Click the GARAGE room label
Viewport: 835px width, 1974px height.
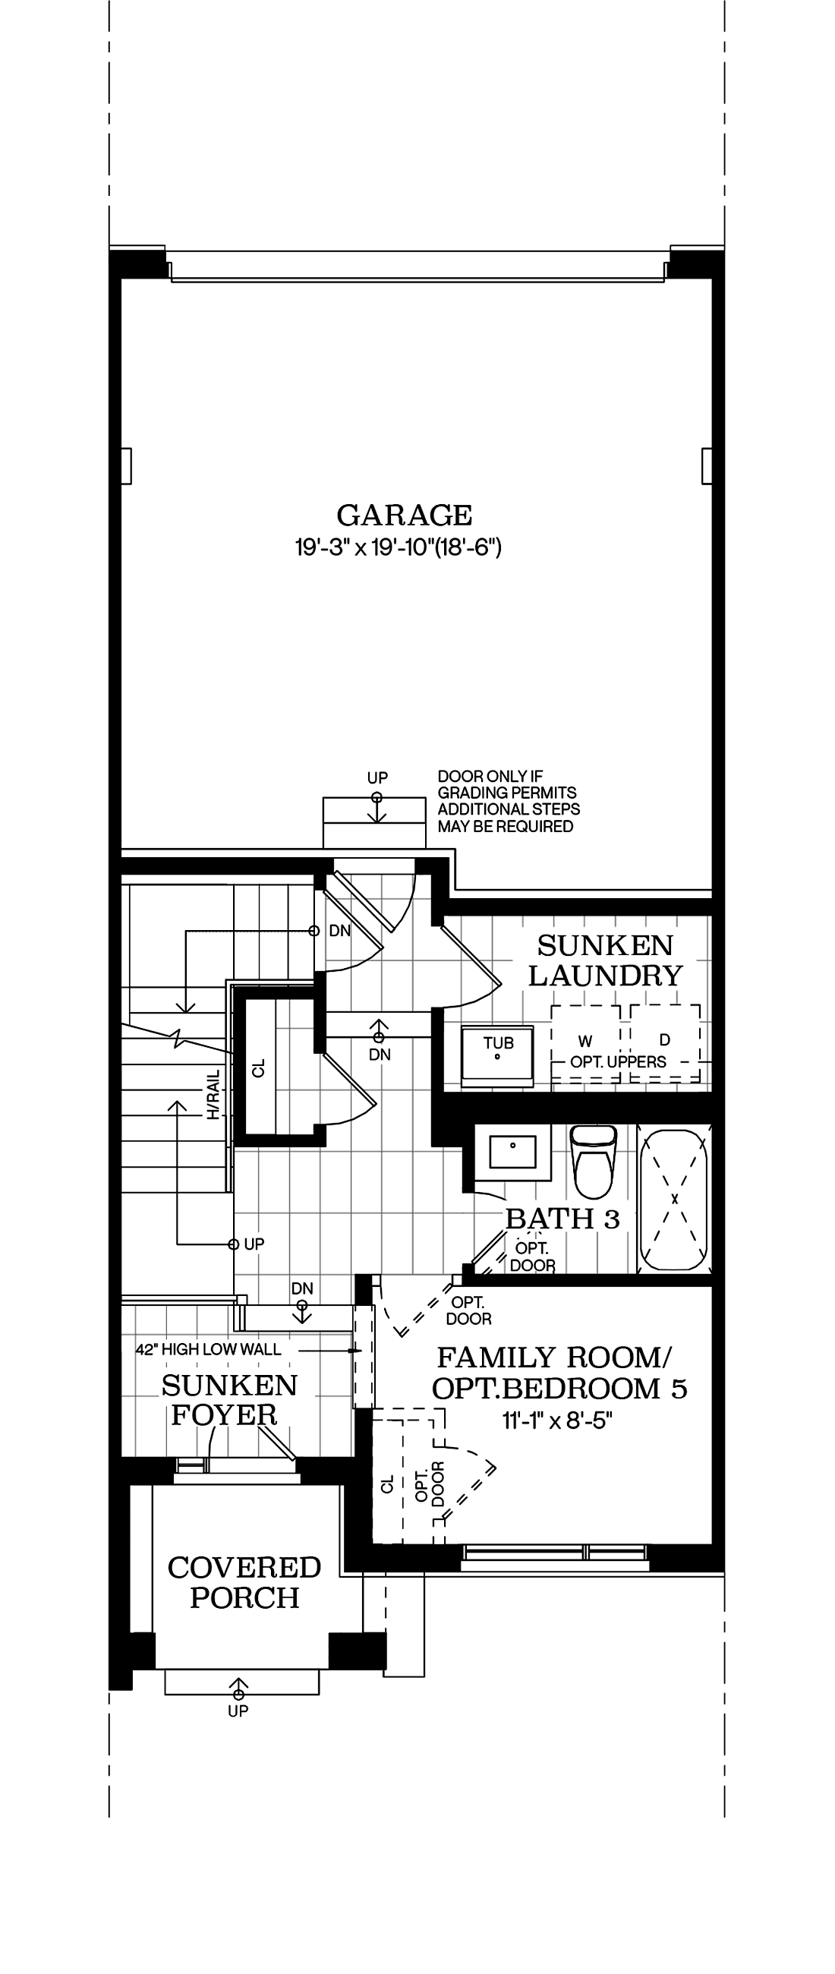[x=404, y=515]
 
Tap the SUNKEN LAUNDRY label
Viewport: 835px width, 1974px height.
[x=604, y=960]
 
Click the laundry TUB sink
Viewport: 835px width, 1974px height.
[x=497, y=1055]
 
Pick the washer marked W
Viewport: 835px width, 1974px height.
[x=586, y=1042]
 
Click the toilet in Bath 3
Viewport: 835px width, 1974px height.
[x=594, y=1160]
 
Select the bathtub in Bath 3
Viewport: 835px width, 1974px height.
[x=675, y=1198]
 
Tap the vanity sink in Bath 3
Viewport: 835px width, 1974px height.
[x=512, y=1151]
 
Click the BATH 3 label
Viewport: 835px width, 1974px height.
[x=562, y=1219]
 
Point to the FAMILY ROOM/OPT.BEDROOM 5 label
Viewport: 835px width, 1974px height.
[x=559, y=1373]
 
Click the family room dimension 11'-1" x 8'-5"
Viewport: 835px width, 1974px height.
[x=557, y=1421]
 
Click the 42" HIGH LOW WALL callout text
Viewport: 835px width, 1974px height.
[x=208, y=1349]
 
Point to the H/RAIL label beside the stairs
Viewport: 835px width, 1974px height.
[x=214, y=1094]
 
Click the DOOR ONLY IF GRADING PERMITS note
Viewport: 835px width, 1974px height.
[x=508, y=802]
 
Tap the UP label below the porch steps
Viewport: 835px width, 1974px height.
[x=238, y=1711]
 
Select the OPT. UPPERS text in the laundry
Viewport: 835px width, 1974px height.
[x=618, y=1062]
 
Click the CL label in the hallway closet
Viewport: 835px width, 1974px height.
[x=259, y=1068]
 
